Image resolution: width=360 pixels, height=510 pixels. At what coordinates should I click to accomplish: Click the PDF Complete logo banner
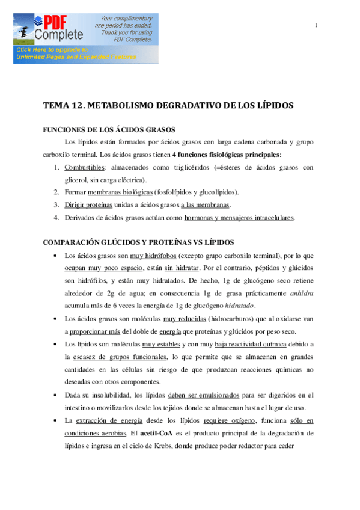point(86,38)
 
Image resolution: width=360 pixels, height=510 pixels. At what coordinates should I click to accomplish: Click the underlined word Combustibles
point(84,168)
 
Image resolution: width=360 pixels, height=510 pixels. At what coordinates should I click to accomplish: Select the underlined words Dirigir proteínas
point(88,204)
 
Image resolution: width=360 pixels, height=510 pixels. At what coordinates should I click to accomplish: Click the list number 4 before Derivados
point(56,217)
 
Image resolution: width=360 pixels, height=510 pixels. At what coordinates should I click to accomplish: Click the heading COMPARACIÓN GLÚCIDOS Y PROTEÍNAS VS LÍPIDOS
point(138,242)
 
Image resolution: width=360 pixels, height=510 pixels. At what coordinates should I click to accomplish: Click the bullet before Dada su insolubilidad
point(55,395)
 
